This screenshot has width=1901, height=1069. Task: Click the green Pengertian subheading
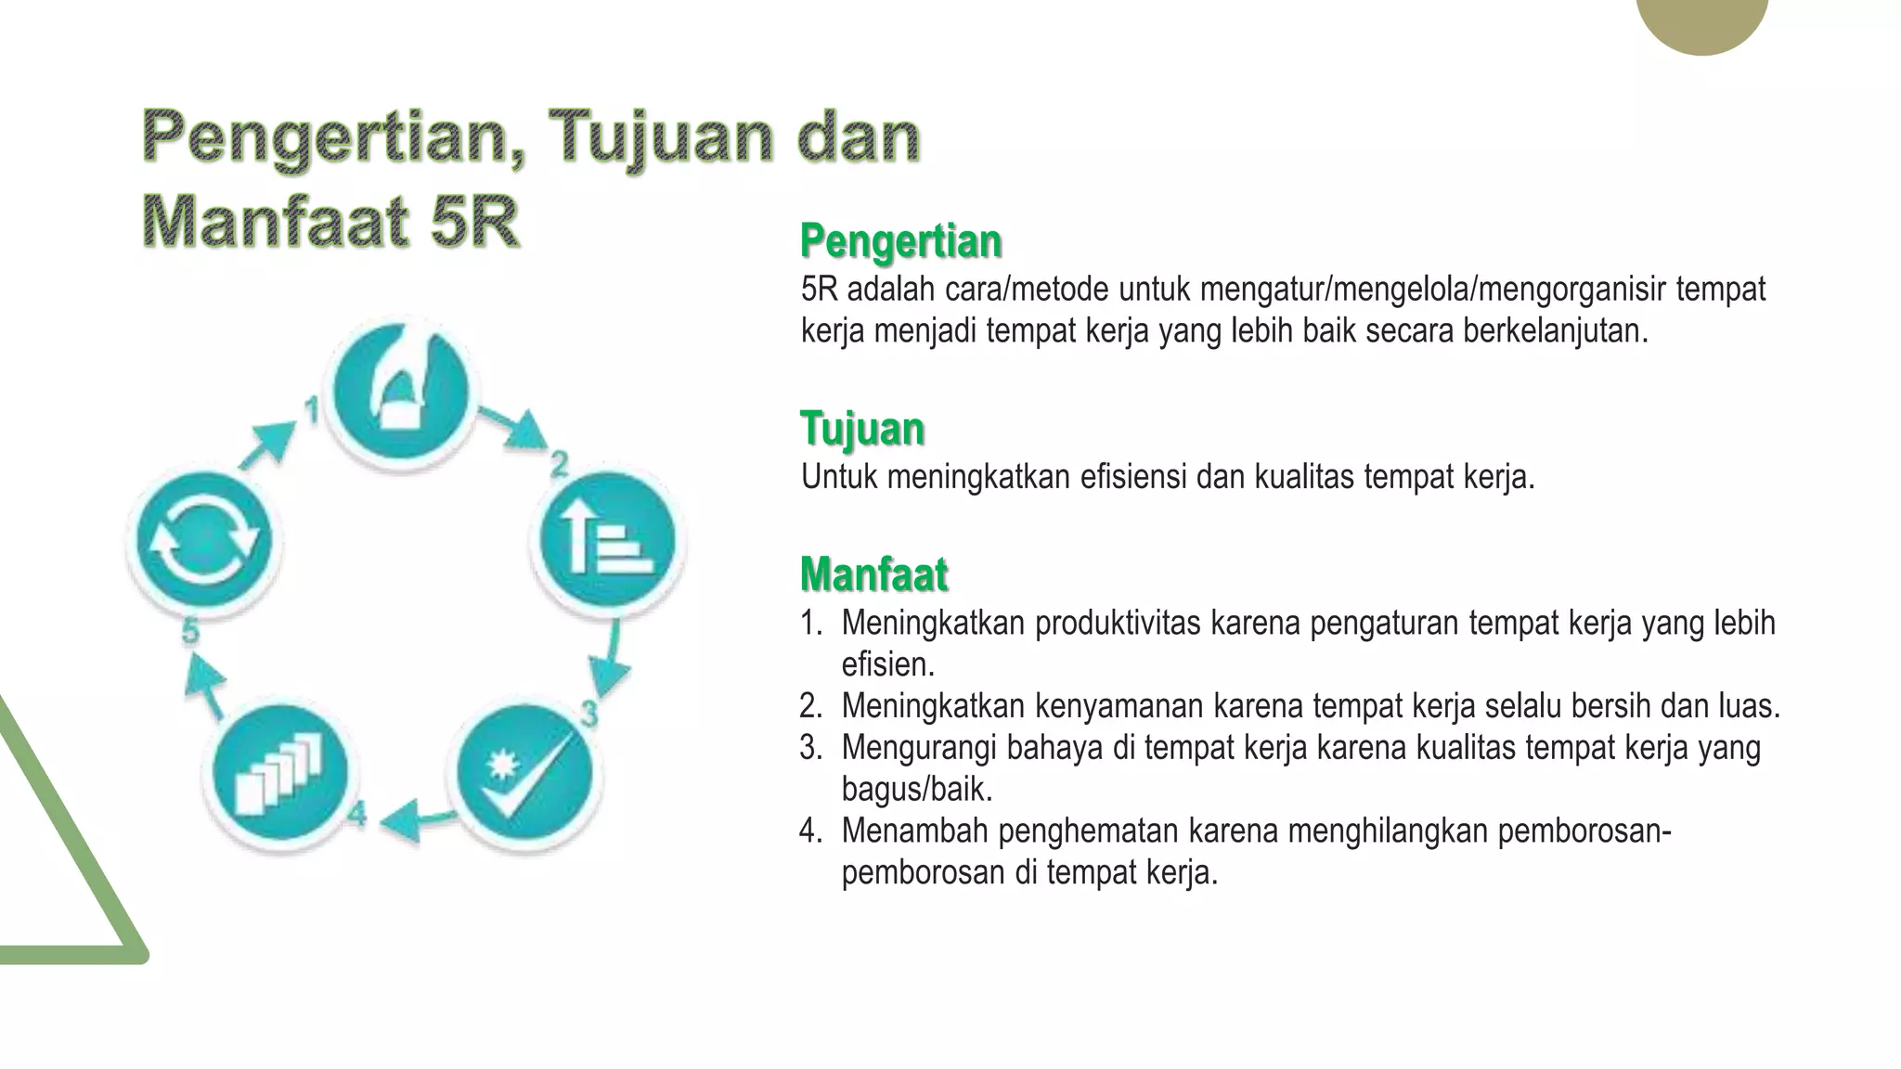[x=900, y=241]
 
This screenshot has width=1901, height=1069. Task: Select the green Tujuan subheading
[x=862, y=429]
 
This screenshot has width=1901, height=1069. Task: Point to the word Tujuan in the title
[x=660, y=137]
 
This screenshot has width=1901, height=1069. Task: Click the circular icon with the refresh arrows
[x=203, y=541]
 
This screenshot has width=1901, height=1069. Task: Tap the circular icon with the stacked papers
[x=279, y=773]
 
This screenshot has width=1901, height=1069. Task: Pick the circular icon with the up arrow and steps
[x=608, y=540]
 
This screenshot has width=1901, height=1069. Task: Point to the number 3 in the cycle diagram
[x=589, y=714]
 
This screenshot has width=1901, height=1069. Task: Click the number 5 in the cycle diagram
[x=190, y=632]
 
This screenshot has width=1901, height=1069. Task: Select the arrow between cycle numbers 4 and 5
[x=206, y=684]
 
